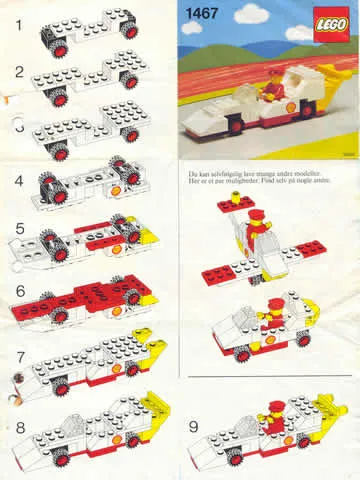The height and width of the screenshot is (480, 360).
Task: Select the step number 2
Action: (x=15, y=73)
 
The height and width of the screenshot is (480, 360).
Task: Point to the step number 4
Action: (x=15, y=182)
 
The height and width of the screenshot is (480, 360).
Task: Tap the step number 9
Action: (x=194, y=425)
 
